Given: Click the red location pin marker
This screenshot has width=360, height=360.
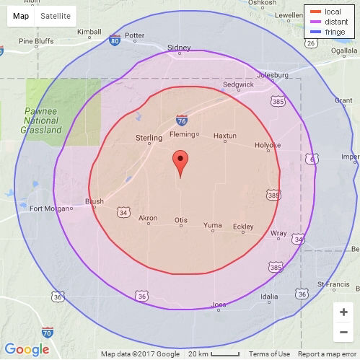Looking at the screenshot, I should [x=180, y=162].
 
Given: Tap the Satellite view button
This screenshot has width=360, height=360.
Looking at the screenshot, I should [x=56, y=16].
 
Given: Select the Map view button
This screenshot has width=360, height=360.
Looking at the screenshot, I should [x=22, y=16].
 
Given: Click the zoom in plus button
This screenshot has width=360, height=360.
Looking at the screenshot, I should [x=343, y=312].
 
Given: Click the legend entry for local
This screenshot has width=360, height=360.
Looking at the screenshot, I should [x=328, y=12].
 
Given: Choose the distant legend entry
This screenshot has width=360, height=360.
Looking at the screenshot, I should [x=330, y=22].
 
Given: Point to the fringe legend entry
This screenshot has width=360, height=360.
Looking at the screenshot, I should [x=330, y=32].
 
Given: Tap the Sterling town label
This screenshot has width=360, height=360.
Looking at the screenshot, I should [x=149, y=137].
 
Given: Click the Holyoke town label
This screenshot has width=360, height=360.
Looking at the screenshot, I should [x=268, y=145].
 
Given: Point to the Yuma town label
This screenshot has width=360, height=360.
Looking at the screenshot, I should [x=213, y=225].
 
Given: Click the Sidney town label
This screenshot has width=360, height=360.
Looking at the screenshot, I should [x=178, y=48].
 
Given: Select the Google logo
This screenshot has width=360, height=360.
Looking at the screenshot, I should [x=27, y=350].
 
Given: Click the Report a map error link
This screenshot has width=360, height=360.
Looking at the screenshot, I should [x=327, y=354].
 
